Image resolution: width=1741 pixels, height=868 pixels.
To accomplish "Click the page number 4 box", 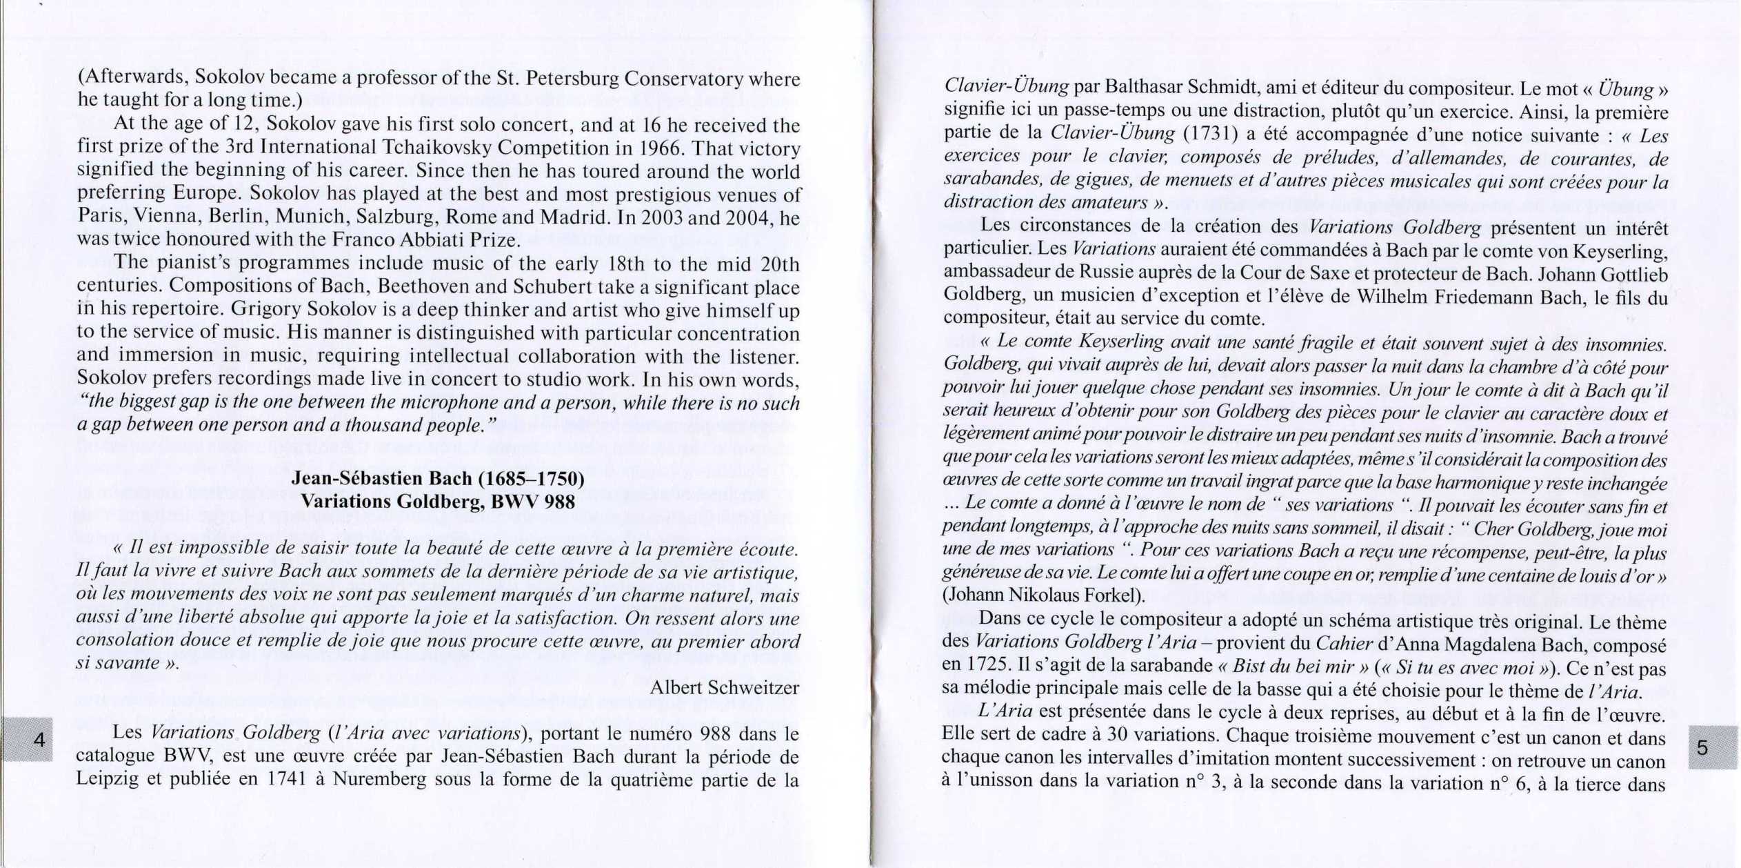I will tap(28, 739).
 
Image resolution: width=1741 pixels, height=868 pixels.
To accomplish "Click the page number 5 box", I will tap(1713, 747).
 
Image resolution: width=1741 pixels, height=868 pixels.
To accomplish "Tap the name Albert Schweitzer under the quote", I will tap(724, 687).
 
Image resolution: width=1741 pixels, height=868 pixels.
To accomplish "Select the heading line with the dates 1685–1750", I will tap(438, 478).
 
